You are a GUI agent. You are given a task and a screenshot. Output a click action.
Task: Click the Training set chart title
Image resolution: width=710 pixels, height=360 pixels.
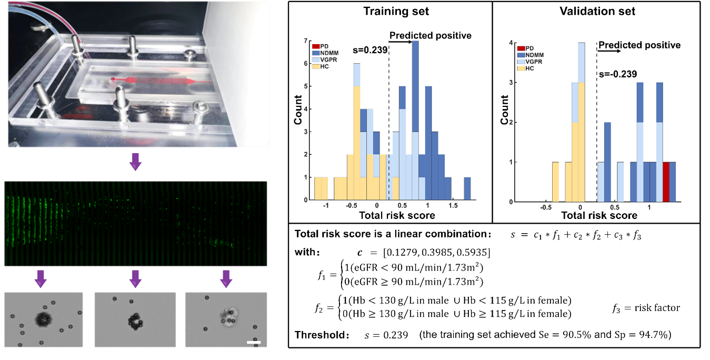pyautogui.click(x=389, y=11)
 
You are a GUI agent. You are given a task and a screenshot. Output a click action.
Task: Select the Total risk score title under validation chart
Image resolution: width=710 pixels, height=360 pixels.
pyautogui.click(x=599, y=215)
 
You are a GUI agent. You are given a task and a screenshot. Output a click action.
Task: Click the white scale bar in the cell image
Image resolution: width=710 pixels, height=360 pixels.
pyautogui.click(x=254, y=343)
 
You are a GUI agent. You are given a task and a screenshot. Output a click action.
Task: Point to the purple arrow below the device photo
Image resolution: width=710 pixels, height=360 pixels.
pyautogui.click(x=136, y=162)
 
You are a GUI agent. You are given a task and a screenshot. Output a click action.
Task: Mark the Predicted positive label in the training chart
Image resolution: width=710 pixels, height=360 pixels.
pyautogui.click(x=430, y=36)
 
